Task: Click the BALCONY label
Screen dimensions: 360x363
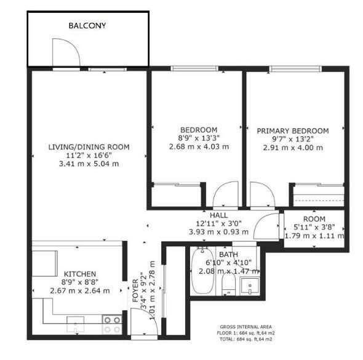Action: (87, 26)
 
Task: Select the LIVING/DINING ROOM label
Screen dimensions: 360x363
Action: (89, 146)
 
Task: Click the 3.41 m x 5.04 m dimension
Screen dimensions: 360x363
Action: (89, 164)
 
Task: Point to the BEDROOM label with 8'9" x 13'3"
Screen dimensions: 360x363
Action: (198, 129)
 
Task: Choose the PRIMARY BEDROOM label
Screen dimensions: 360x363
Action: (292, 130)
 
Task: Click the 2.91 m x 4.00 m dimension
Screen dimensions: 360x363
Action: (293, 148)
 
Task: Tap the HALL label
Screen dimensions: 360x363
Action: (218, 215)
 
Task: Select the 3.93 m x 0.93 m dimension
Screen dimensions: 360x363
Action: (218, 232)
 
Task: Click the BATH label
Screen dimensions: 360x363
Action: (228, 254)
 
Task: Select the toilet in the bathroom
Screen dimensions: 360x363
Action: (227, 284)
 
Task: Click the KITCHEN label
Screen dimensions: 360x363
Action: (79, 273)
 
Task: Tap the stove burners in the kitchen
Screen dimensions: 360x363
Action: (112, 320)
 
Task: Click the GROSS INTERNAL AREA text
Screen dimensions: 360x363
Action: (246, 327)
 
